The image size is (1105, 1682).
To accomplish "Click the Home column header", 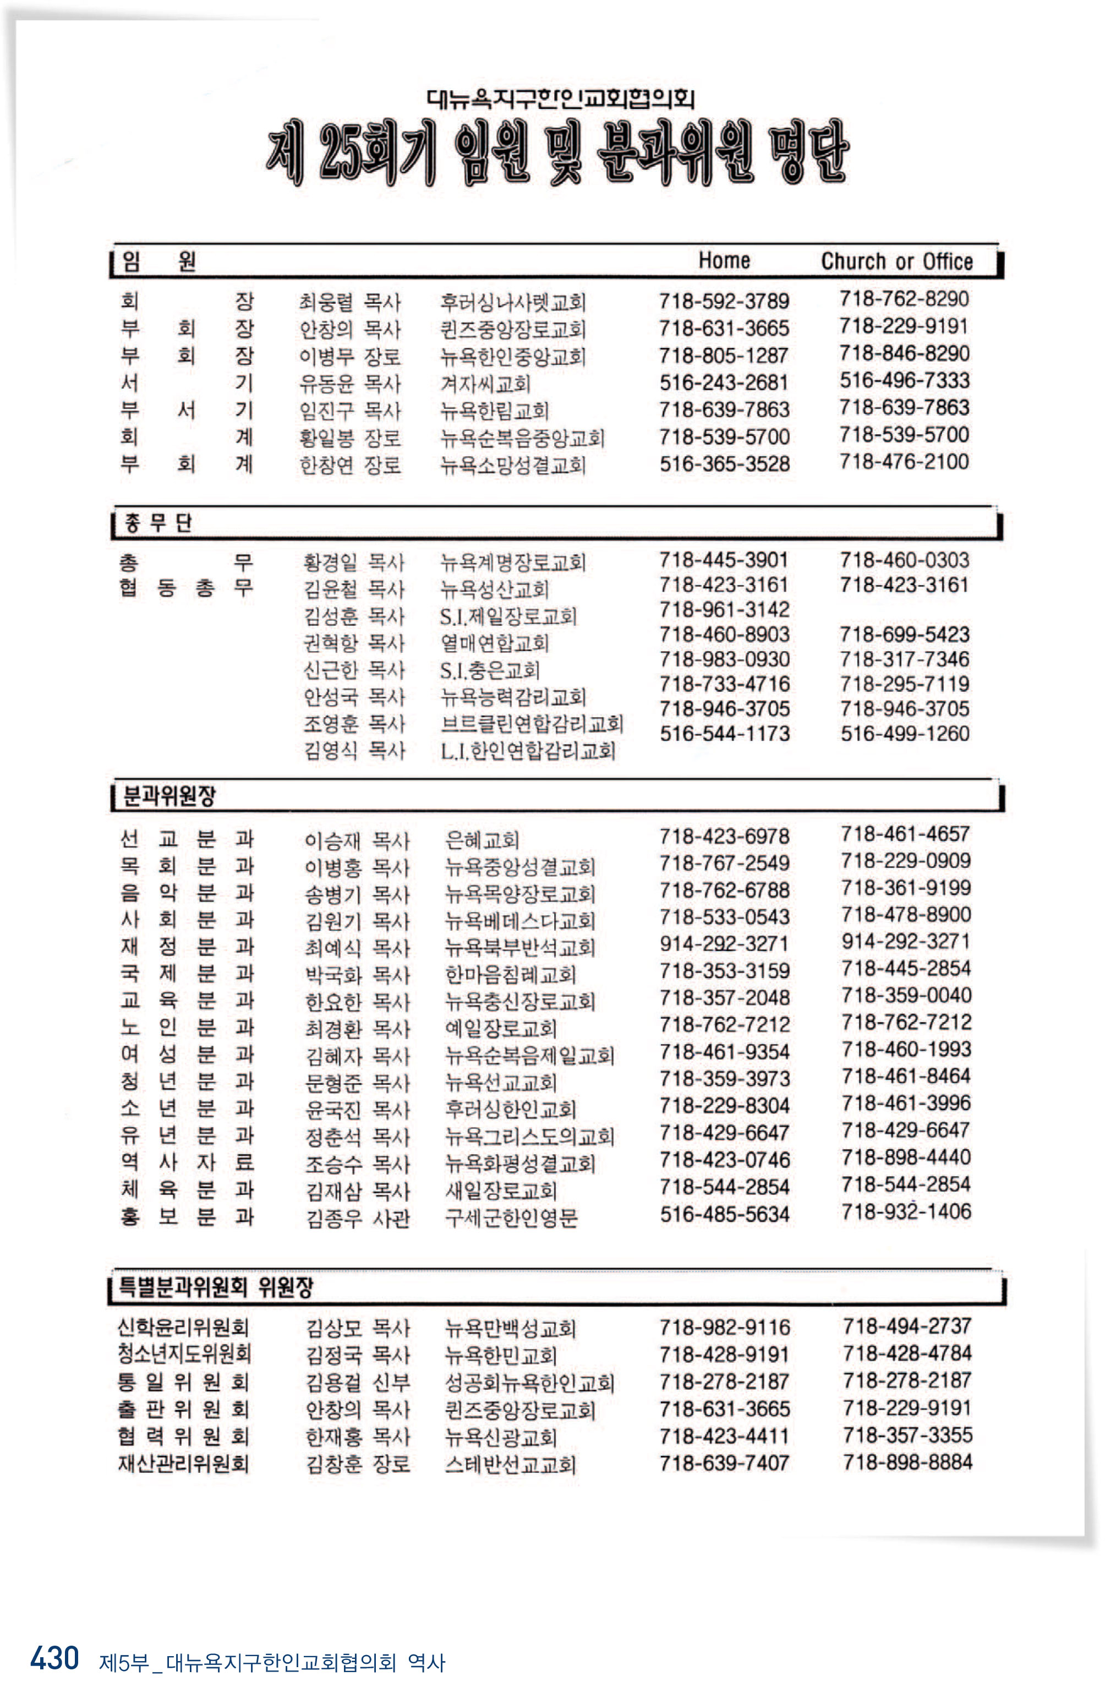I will (x=724, y=260).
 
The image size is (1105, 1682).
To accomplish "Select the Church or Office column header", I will (x=896, y=261).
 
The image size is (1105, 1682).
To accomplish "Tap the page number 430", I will (x=54, y=1657).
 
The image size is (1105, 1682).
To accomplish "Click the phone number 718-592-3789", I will (x=724, y=301).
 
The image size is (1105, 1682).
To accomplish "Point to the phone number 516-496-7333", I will (x=904, y=380).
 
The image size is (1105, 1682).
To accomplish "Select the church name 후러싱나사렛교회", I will (x=513, y=303).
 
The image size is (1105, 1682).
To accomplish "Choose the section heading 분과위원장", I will (x=169, y=796).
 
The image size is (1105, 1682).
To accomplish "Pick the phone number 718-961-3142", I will (x=724, y=609).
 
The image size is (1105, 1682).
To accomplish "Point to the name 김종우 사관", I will (x=358, y=1217).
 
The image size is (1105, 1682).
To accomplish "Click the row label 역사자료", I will (x=187, y=1162).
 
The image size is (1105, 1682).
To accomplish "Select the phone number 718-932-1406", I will (x=906, y=1211).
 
